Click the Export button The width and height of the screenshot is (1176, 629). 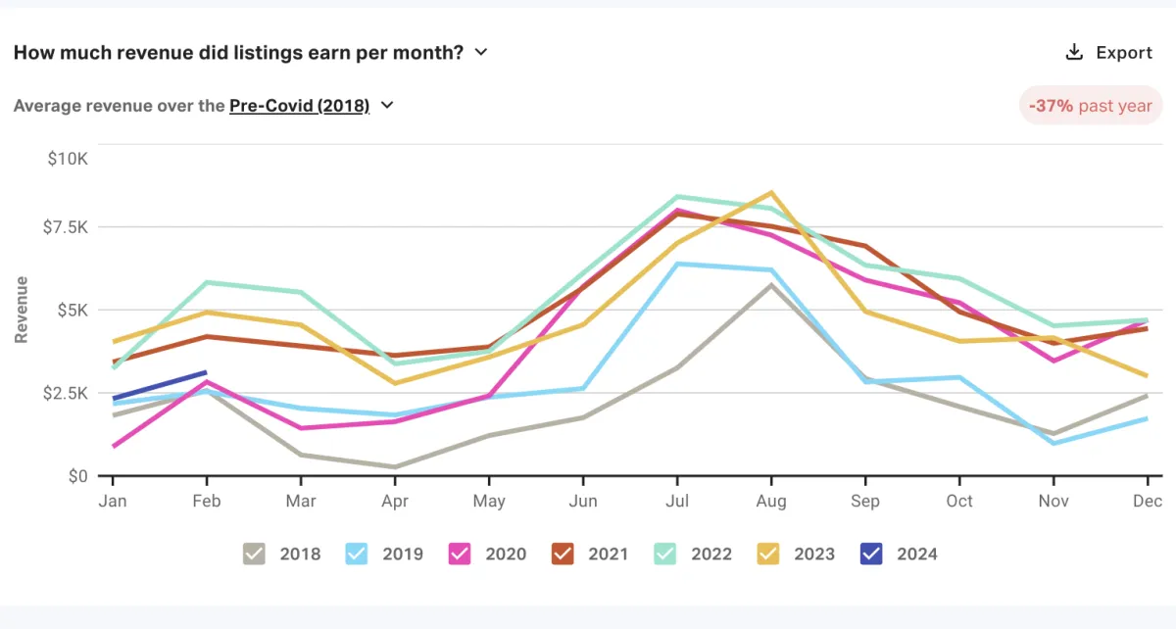point(1109,53)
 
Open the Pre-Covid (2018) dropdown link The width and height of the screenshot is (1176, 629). point(299,106)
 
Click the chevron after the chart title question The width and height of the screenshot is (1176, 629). point(481,53)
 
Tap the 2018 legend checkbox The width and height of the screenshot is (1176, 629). point(255,554)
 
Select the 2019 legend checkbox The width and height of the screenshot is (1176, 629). point(358,554)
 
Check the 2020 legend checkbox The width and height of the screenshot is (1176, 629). point(460,554)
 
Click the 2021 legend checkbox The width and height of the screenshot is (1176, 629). point(563,554)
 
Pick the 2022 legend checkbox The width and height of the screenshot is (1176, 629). point(665,554)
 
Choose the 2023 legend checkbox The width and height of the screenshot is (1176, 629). point(768,554)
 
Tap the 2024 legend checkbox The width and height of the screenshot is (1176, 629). point(871,554)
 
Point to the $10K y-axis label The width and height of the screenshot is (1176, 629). point(68,159)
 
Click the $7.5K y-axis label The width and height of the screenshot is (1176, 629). point(65,227)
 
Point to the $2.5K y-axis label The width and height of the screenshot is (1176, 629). point(65,393)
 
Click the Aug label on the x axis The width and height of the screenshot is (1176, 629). point(771,502)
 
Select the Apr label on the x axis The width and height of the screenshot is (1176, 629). point(395,502)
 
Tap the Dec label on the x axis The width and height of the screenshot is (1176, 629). point(1148,502)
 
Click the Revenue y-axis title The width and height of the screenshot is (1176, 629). point(21,310)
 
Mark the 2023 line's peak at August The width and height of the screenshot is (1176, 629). point(771,193)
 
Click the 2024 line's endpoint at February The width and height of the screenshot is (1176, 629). point(206,372)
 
